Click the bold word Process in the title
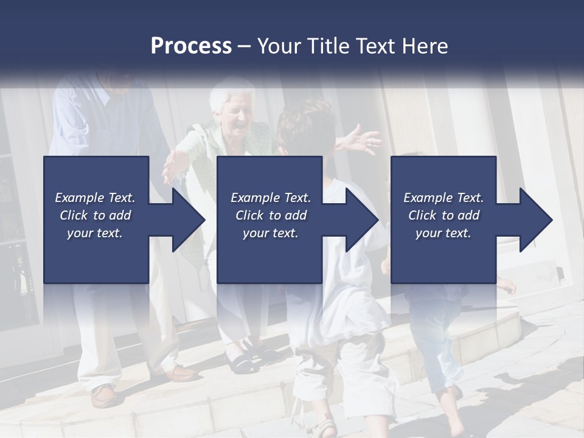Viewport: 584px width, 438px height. (x=191, y=46)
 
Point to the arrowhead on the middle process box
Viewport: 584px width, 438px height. (x=361, y=220)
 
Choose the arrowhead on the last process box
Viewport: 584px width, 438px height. (x=535, y=220)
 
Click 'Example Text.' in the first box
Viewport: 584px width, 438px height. (x=95, y=198)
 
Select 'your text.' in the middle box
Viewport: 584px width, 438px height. (x=270, y=233)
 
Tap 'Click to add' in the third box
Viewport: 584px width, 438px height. (x=443, y=215)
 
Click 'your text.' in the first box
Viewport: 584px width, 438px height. (x=95, y=233)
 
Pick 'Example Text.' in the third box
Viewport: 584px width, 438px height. (x=443, y=198)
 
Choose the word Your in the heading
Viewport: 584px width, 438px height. (x=277, y=46)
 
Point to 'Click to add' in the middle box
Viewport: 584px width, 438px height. (x=270, y=215)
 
